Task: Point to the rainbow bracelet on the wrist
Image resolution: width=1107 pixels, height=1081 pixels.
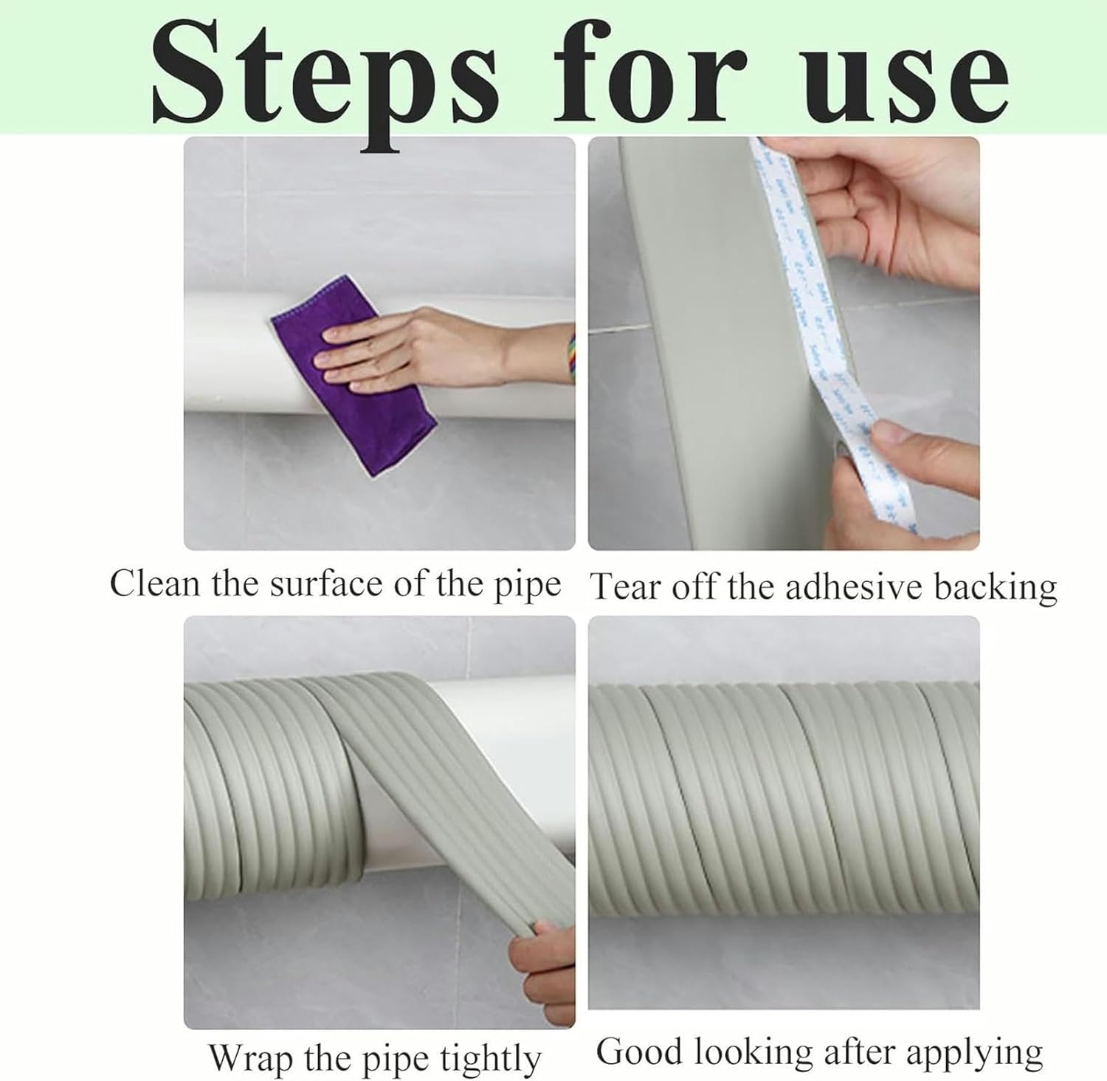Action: click(x=570, y=357)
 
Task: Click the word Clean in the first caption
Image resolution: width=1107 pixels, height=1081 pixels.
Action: click(x=155, y=584)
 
